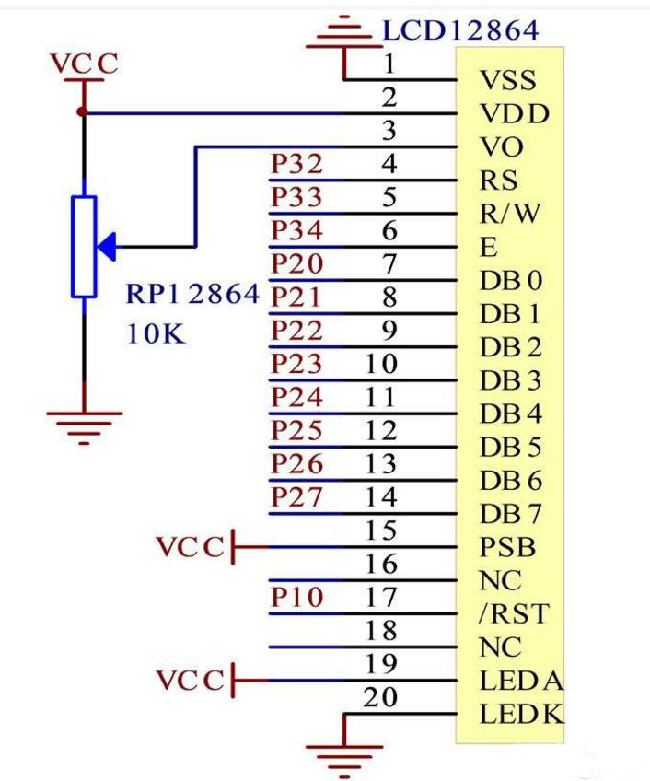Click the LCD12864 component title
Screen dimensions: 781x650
[x=460, y=30]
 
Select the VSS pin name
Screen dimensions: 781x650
[x=507, y=80]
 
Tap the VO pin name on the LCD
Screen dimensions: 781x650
[x=502, y=147]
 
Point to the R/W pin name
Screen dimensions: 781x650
[x=510, y=214]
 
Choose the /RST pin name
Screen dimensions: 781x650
[x=512, y=613]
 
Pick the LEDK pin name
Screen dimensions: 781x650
[x=521, y=714]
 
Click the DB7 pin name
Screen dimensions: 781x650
[x=511, y=514]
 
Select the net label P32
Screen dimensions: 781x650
[x=296, y=165]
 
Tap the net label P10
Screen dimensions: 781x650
[x=296, y=598]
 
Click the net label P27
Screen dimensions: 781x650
[x=296, y=497]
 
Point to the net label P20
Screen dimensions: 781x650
[x=296, y=264]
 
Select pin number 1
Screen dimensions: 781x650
[x=389, y=64]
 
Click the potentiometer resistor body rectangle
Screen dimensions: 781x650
[x=84, y=247]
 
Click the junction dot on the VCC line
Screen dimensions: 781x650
[x=83, y=112]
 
